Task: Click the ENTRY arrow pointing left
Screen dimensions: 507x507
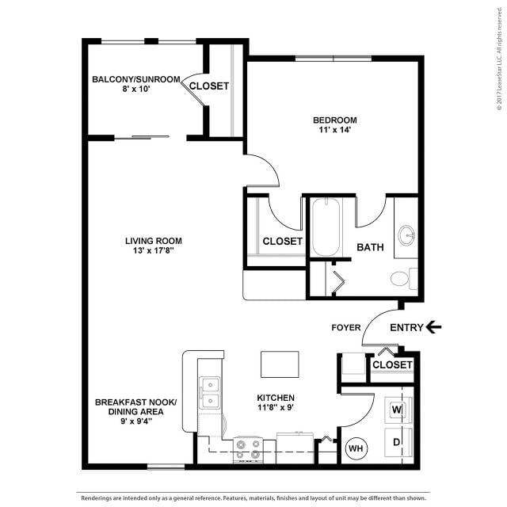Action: (x=433, y=326)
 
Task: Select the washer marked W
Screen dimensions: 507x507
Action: (x=396, y=410)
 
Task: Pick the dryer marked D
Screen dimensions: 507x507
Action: (x=396, y=442)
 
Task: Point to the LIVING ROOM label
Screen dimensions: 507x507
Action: (x=154, y=241)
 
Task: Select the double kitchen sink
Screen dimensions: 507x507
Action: (x=210, y=394)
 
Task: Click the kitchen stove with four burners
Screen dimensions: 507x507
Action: (x=247, y=450)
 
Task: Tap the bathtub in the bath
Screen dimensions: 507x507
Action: (x=326, y=230)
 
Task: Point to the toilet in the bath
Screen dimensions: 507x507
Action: (x=402, y=279)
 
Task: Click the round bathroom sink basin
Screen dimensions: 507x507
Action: (x=407, y=235)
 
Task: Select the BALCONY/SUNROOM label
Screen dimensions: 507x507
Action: (x=136, y=79)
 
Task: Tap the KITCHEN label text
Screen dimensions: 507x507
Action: (x=276, y=398)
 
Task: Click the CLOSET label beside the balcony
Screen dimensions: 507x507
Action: (x=209, y=86)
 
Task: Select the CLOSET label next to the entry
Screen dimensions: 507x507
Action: (x=392, y=364)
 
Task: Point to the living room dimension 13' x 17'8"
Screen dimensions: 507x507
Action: (x=154, y=251)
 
